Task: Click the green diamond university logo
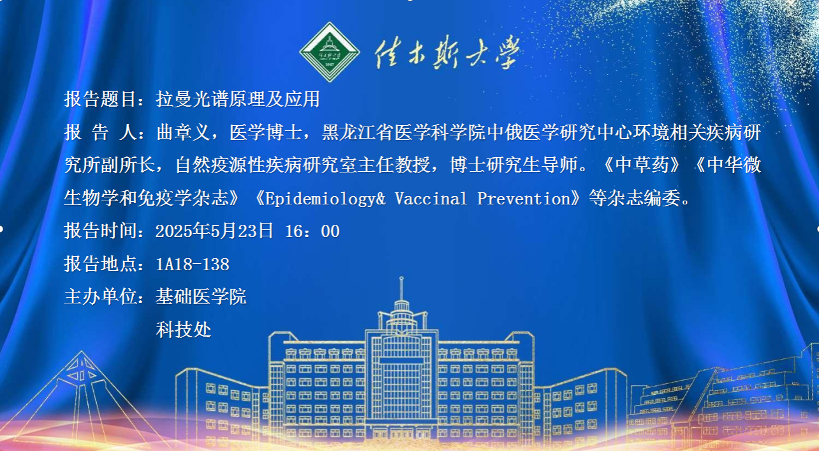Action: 329,52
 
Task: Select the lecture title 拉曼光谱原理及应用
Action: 238,99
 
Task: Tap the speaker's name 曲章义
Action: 183,132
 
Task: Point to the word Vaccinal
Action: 431,199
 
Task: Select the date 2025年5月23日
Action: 214,231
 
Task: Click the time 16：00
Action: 313,231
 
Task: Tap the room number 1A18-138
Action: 193,264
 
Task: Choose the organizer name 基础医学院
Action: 201,296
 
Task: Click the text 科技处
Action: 184,330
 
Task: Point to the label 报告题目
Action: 100,99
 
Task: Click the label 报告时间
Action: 100,231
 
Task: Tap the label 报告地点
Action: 100,264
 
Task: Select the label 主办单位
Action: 100,296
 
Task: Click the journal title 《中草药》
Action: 643,165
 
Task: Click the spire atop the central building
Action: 401,289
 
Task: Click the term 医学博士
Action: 265,132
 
